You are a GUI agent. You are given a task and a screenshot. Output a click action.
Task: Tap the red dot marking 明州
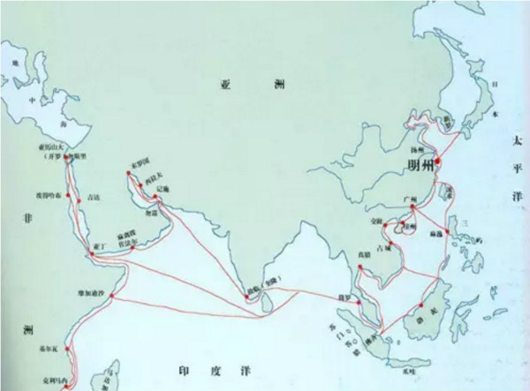pos(438,162)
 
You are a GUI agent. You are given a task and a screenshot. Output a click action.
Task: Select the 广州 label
pos(407,201)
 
